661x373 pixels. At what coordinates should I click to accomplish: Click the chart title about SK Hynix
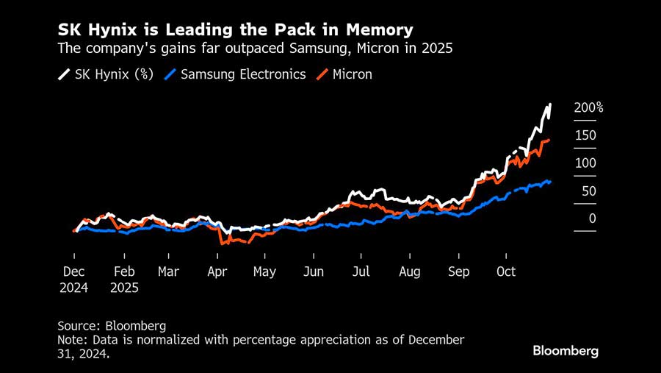[x=235, y=30]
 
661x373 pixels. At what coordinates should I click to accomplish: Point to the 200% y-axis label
[x=588, y=108]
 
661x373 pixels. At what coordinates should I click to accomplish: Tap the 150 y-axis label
[x=585, y=135]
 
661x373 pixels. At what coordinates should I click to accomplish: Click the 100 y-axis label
[x=585, y=163]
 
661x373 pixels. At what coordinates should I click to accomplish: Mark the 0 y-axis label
[x=592, y=219]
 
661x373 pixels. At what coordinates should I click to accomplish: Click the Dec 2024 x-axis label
[x=73, y=280]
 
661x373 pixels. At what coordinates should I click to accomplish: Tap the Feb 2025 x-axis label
[x=124, y=280]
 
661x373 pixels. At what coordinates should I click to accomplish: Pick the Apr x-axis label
[x=217, y=271]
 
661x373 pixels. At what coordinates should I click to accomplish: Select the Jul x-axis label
[x=361, y=271]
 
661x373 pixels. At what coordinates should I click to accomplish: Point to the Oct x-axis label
[x=506, y=271]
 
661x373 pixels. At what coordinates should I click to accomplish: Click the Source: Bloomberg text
[x=112, y=325]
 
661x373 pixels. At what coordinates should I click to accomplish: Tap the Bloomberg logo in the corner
[x=566, y=351]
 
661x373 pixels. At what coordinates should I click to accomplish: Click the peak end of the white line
[x=549, y=105]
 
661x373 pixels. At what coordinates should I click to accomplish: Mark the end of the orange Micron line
[x=549, y=140]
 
